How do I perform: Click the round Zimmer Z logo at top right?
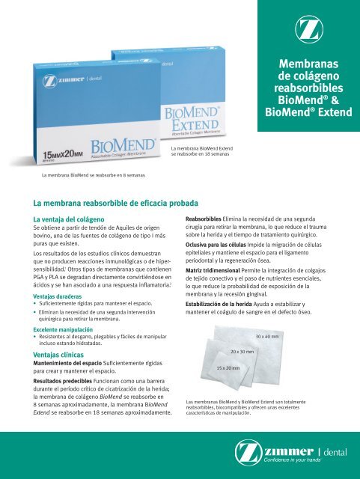(308, 30)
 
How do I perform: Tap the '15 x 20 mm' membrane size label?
(228, 368)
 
